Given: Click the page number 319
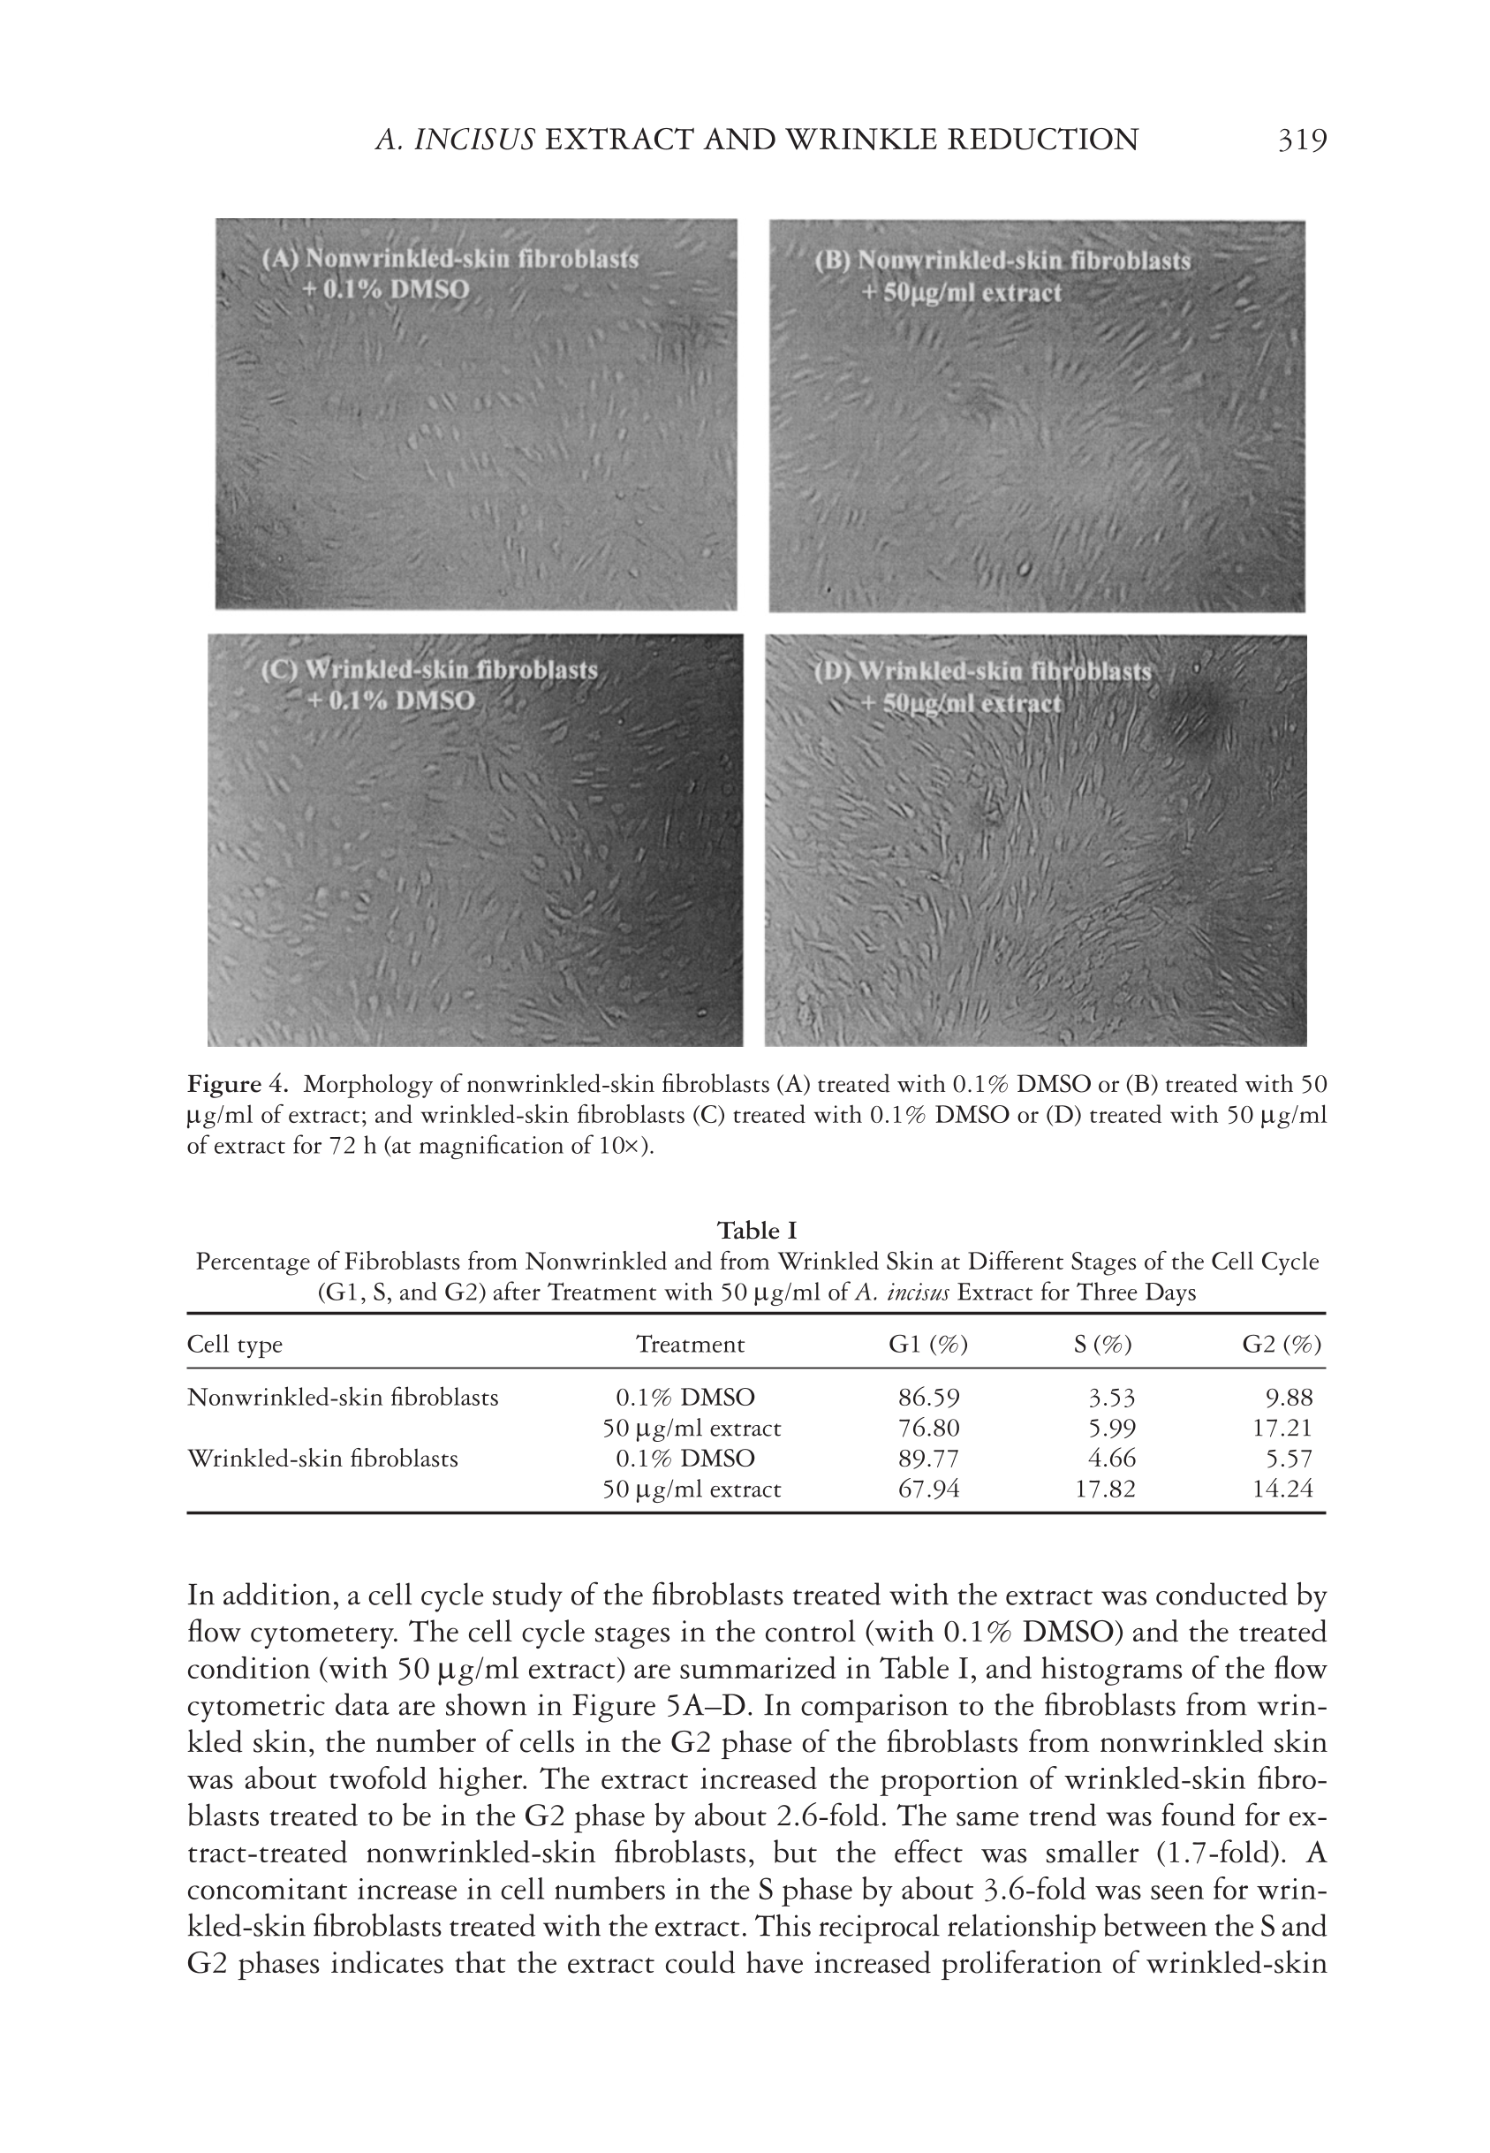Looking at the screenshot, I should tap(1300, 140).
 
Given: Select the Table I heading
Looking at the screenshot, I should tap(756, 1230).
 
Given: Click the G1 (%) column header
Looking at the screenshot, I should tap(928, 1345).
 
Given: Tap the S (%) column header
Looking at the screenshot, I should tap(1103, 1345).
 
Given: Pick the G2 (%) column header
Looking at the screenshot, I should tap(1281, 1345).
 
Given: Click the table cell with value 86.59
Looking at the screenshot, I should tap(928, 1398).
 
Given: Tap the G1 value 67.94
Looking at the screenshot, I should tap(928, 1490).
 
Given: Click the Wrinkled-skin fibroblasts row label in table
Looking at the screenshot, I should tap(323, 1459).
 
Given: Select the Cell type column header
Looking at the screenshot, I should tap(234, 1345).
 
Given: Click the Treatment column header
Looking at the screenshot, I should tap(690, 1345).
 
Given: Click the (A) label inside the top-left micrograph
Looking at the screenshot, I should tap(277, 259).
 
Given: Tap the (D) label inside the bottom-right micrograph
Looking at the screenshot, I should tap(829, 671).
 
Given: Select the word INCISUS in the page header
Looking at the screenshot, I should tap(474, 140).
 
